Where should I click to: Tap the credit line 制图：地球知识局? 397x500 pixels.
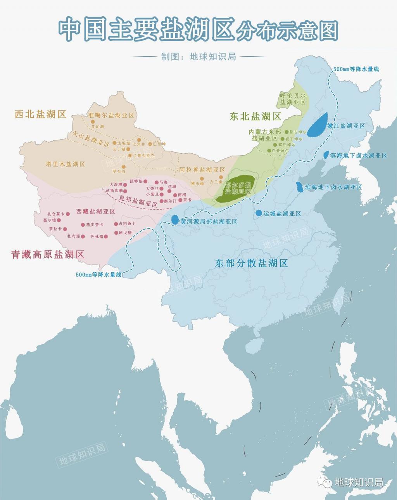pos(198,56)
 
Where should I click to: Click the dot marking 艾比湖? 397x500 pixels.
pos(93,122)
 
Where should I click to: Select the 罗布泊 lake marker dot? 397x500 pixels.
pos(124,167)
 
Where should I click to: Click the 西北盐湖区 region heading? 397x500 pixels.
pos(41,114)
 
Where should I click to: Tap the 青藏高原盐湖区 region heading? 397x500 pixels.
pos(48,255)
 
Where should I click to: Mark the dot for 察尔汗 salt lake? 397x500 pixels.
pos(161,201)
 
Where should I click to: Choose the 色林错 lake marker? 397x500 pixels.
pos(106,236)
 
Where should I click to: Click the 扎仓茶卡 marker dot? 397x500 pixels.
pos(68,214)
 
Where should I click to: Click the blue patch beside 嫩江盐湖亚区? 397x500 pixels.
pos(318,125)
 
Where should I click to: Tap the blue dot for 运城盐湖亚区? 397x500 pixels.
pos(259,213)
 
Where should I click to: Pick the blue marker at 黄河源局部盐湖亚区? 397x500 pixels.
pos(175,220)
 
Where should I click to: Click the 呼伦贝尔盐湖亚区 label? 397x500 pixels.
pos(293,99)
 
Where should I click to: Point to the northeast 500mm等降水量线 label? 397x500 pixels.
pos(356,69)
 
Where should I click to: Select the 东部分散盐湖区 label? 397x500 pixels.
pos(251,263)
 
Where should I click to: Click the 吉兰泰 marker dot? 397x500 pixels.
pos(221,177)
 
